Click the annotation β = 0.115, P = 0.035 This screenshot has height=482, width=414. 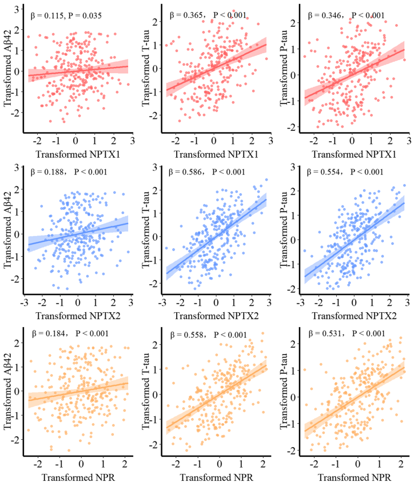click(66, 16)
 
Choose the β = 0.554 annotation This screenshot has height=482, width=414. click(340, 172)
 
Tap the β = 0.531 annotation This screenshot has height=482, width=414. click(340, 333)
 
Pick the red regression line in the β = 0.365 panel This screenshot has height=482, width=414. click(217, 66)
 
